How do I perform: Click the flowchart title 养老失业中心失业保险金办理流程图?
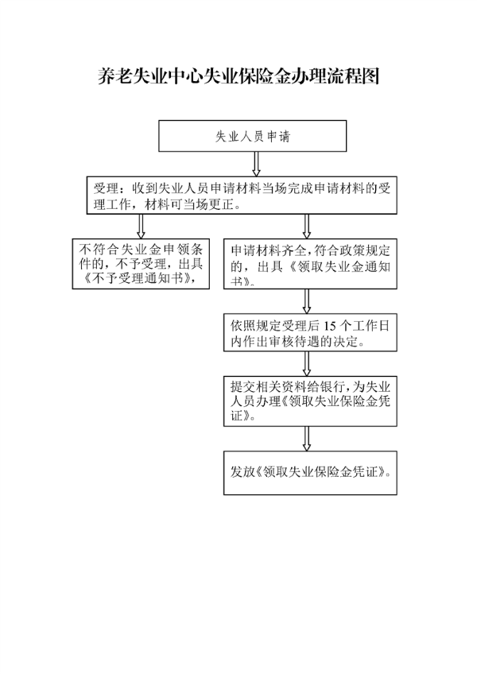[238, 76]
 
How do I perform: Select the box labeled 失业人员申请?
[253, 136]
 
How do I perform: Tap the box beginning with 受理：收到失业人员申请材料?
[242, 196]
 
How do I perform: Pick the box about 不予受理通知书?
[141, 264]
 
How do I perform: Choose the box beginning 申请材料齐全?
[310, 264]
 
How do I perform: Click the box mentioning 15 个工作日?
[310, 332]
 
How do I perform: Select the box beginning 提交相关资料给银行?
[310, 401]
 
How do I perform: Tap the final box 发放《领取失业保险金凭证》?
[310, 473]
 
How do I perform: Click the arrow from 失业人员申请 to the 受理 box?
[256, 164]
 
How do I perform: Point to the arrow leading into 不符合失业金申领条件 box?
[141, 227]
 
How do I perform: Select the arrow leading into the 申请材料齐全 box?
[307, 227]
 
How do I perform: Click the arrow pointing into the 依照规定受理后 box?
[307, 301]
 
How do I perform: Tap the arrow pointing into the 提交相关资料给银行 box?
[307, 364]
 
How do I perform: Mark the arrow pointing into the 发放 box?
[307, 439]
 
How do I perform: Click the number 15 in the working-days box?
[330, 326]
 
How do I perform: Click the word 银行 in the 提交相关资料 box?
[328, 387]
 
